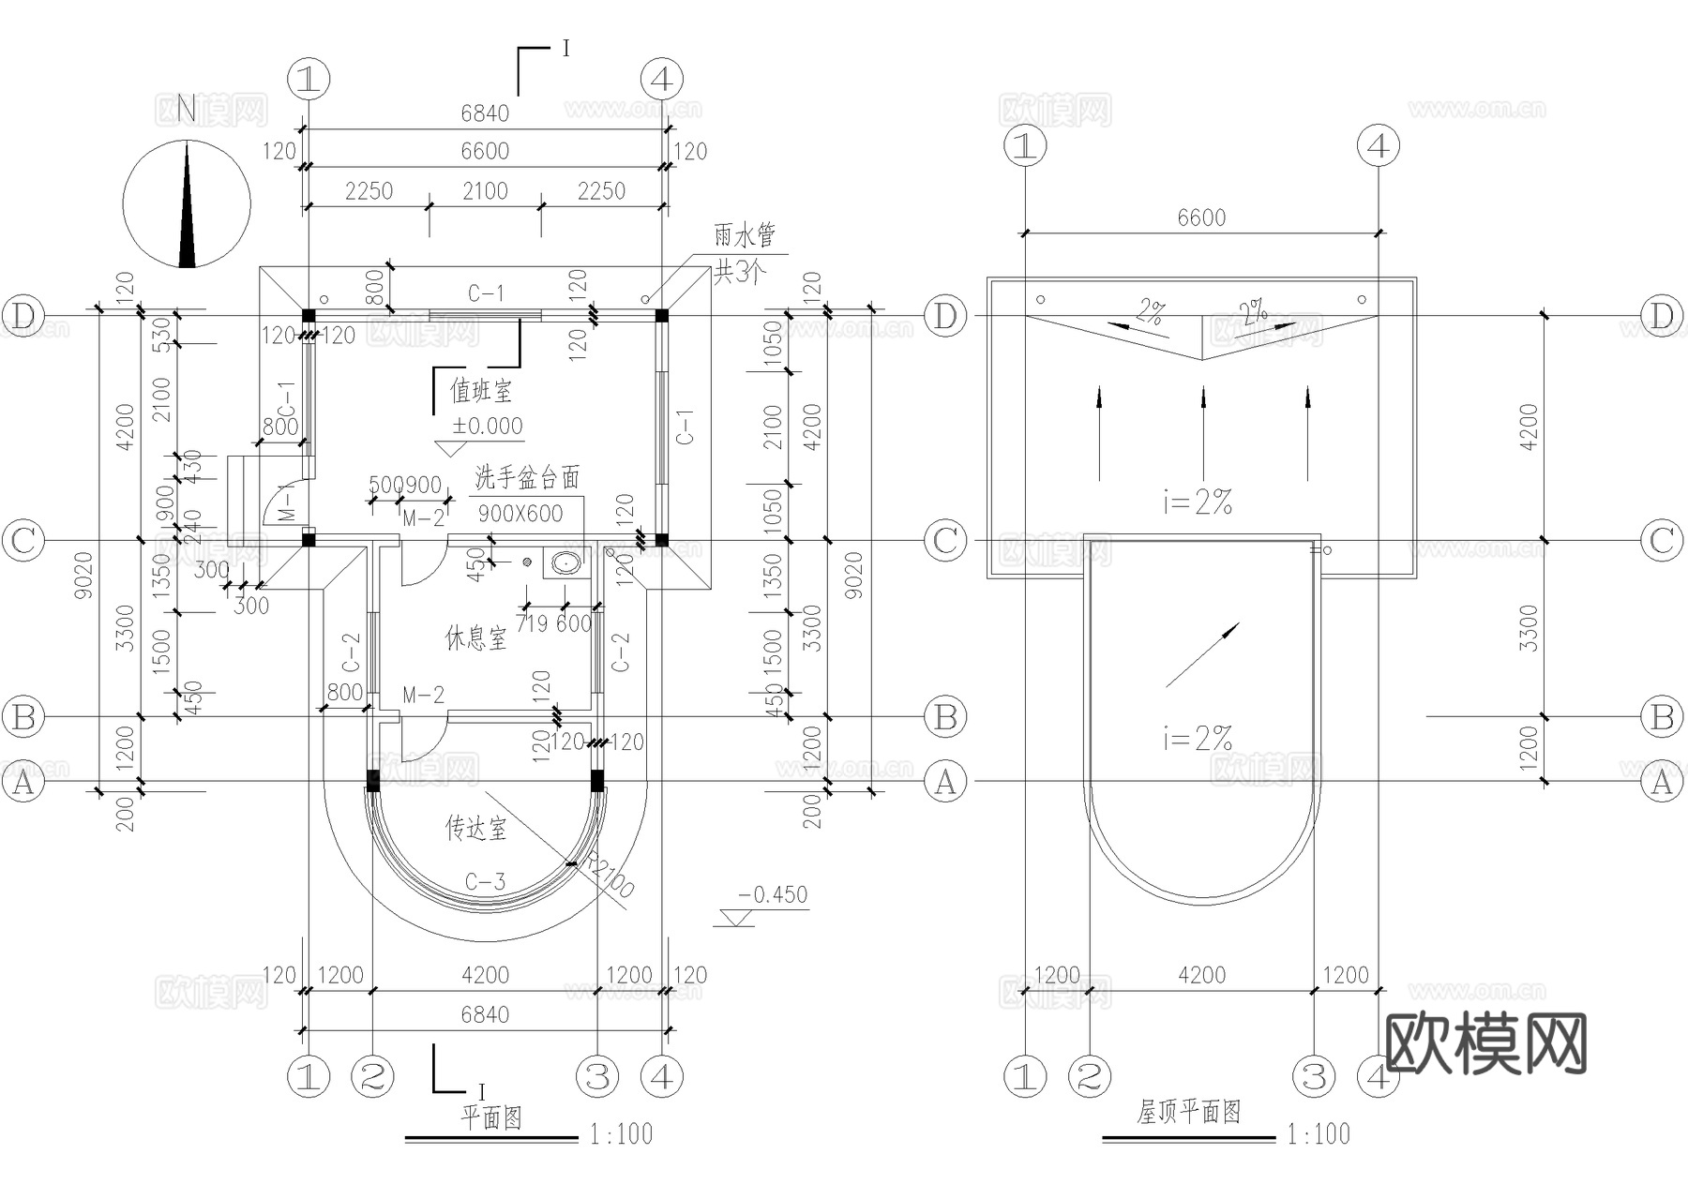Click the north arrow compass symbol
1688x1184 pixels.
[x=188, y=203]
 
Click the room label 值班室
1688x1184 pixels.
[x=481, y=390]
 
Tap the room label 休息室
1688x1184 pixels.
[x=475, y=639]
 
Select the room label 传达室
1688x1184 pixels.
[x=475, y=829]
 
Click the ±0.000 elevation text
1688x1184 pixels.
[x=488, y=427]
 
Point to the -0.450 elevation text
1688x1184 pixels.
[x=773, y=895]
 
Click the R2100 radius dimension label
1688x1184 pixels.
[x=610, y=876]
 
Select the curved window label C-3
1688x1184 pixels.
[x=485, y=882]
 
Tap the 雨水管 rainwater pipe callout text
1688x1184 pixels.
[x=746, y=235]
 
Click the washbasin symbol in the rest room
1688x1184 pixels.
[x=565, y=563]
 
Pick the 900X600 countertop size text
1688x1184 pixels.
[x=520, y=514]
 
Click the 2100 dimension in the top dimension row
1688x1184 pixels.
[x=485, y=191]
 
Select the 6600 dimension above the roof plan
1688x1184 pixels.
[x=1201, y=217]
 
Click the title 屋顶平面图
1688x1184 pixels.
[x=1189, y=1113]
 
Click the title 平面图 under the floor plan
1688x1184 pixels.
[x=490, y=1117]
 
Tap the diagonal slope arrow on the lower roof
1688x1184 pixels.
[x=1202, y=654]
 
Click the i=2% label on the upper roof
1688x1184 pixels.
[x=1198, y=503]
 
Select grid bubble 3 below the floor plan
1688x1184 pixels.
[x=597, y=1076]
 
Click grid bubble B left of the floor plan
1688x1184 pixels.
[x=23, y=717]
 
